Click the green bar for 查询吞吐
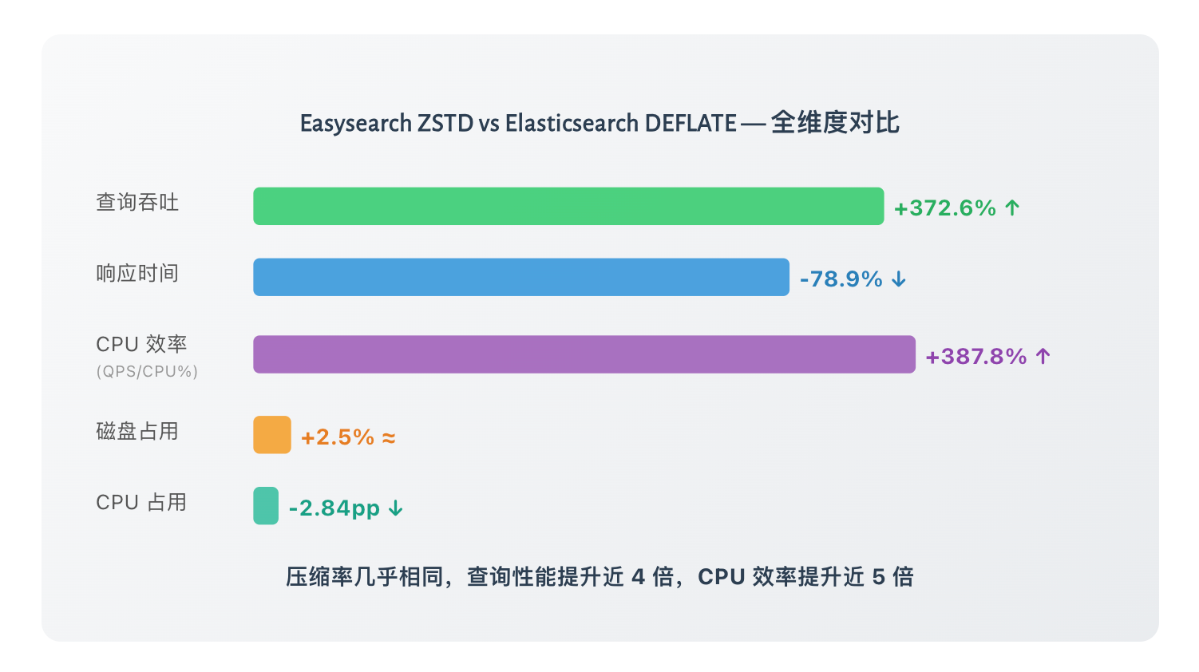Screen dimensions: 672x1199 (568, 206)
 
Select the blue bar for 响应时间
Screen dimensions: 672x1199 (521, 277)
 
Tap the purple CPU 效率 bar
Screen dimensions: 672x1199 (584, 354)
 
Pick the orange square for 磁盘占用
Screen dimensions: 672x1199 (272, 435)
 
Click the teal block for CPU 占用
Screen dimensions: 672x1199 (266, 506)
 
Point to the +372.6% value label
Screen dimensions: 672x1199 (945, 208)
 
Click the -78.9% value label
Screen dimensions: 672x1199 (841, 279)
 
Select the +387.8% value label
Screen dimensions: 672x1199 (976, 357)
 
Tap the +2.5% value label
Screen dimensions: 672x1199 (338, 437)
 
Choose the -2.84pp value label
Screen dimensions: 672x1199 (334, 508)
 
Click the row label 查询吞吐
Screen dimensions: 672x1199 (137, 203)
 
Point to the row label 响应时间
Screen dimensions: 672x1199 (137, 274)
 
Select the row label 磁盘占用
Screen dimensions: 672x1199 (137, 432)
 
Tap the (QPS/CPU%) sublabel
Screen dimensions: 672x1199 (147, 372)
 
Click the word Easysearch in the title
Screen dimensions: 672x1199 (356, 124)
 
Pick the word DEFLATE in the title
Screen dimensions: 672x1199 (691, 124)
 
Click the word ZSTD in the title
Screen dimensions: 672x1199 (446, 124)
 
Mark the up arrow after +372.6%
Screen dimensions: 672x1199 (1012, 208)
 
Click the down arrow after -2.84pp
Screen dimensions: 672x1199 (396, 508)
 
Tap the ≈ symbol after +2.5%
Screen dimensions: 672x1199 (389, 437)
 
